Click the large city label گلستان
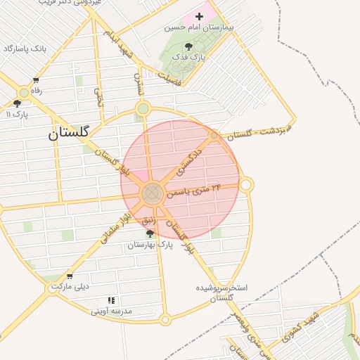(x=69, y=132)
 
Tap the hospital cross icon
(x=199, y=15)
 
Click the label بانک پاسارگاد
(x=25, y=49)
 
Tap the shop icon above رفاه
(x=36, y=80)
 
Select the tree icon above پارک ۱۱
(x=17, y=103)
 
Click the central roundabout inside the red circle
(x=153, y=194)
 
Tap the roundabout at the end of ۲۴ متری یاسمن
(x=246, y=185)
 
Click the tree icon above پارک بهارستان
(x=150, y=233)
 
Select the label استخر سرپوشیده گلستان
(x=221, y=292)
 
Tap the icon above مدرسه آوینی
(x=111, y=300)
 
